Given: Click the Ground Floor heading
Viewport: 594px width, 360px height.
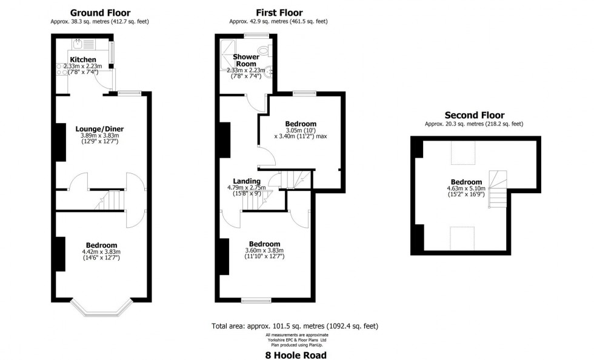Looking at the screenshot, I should click(x=100, y=13).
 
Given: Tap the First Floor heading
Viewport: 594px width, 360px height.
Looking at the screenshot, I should click(x=279, y=13).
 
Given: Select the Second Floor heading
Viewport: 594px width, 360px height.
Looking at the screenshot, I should click(x=474, y=115).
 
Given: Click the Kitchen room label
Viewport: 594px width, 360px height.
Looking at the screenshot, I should click(x=82, y=59).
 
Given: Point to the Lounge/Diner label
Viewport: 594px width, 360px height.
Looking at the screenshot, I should click(x=99, y=128).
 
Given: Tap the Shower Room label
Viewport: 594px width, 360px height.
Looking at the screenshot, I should click(x=245, y=60).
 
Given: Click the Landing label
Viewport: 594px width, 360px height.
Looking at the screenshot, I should click(x=247, y=181).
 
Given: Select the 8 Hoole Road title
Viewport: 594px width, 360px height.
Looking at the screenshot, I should click(x=295, y=355).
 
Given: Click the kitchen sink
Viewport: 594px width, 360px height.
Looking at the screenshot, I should click(x=78, y=44).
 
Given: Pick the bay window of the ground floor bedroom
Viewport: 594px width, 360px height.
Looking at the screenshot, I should click(x=101, y=309).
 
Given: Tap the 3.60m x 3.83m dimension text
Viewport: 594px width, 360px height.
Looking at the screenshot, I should click(x=264, y=251).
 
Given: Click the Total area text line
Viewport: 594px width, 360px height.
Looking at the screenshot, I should click(x=295, y=327).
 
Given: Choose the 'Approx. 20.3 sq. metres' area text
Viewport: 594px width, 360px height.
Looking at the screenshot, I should click(x=474, y=124).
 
